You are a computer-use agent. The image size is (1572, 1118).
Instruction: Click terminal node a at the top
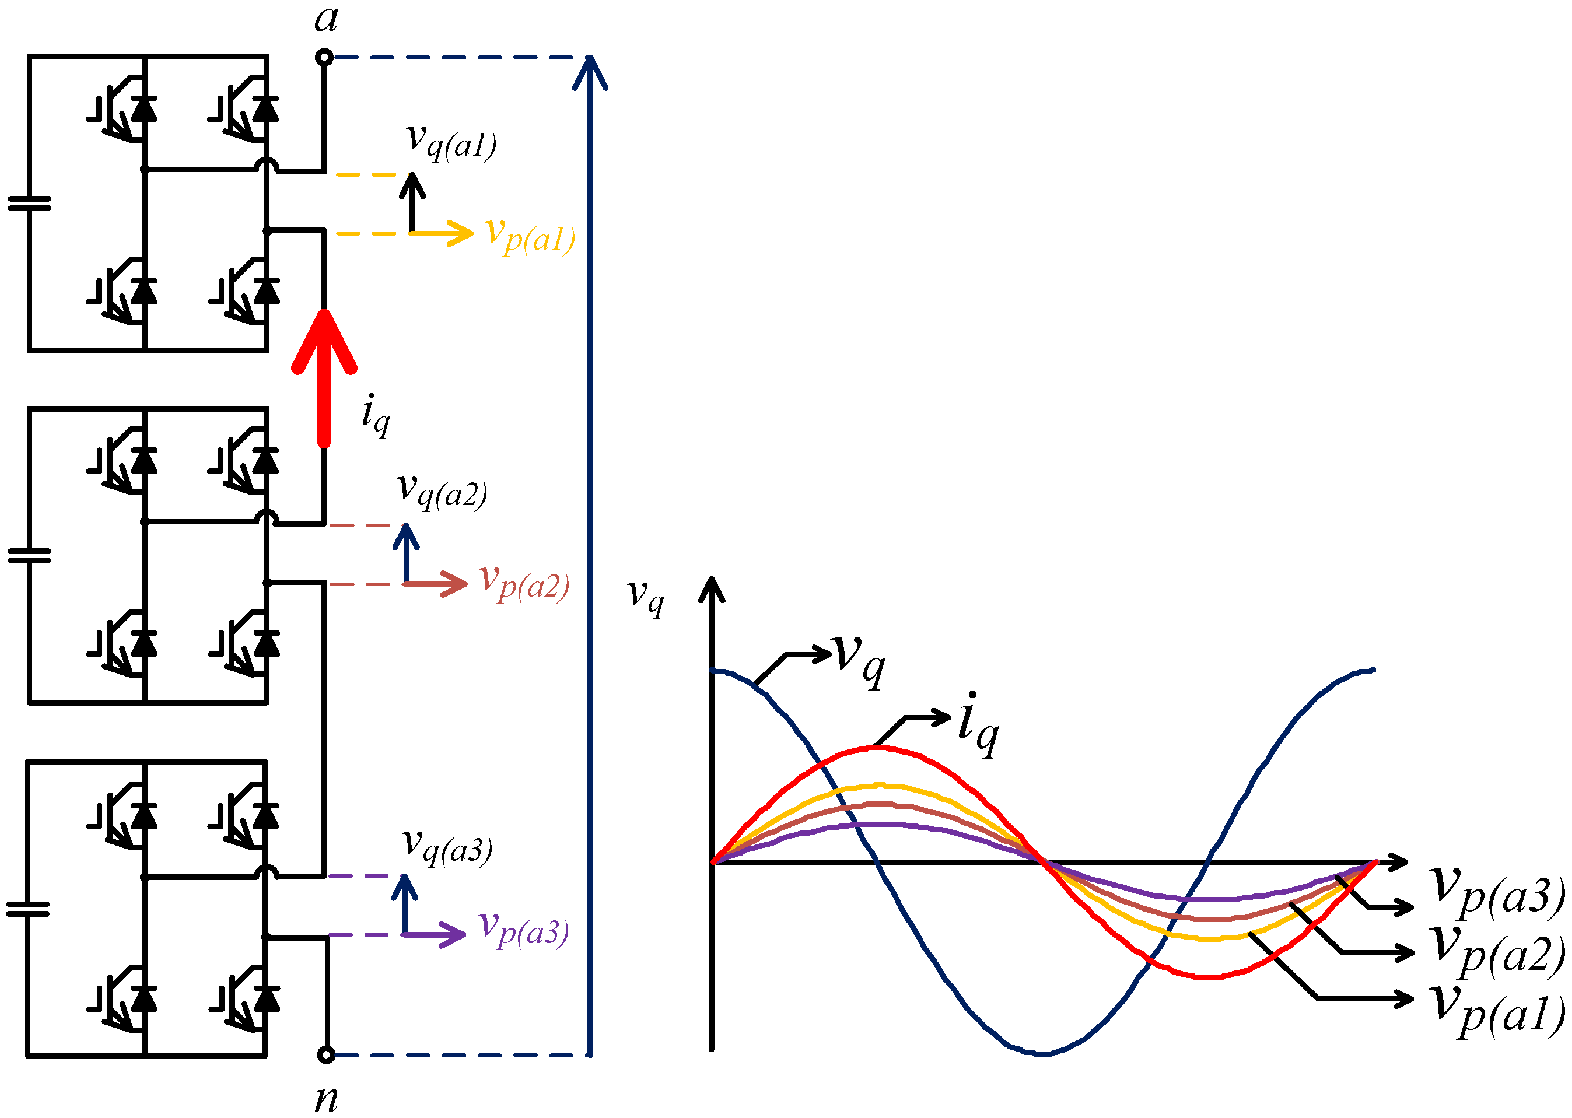click(x=324, y=57)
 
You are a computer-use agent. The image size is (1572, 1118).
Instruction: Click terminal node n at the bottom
click(x=327, y=1054)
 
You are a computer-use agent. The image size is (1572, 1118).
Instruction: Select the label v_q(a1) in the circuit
click(x=451, y=142)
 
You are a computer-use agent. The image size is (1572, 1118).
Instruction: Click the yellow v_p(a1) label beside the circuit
click(x=529, y=236)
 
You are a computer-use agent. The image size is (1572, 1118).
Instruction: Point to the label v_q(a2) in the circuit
click(x=442, y=491)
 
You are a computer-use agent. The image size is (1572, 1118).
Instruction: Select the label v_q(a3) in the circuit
click(x=447, y=847)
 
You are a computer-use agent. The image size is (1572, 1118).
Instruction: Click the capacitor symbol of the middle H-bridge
click(x=29, y=556)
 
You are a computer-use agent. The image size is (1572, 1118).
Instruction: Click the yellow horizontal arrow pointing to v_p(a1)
click(x=440, y=233)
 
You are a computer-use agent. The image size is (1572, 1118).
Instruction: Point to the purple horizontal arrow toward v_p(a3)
click(x=434, y=934)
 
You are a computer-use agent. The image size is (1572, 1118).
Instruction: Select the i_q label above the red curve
click(x=978, y=724)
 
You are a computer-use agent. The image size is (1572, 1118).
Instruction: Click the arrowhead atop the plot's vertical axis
click(x=712, y=588)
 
